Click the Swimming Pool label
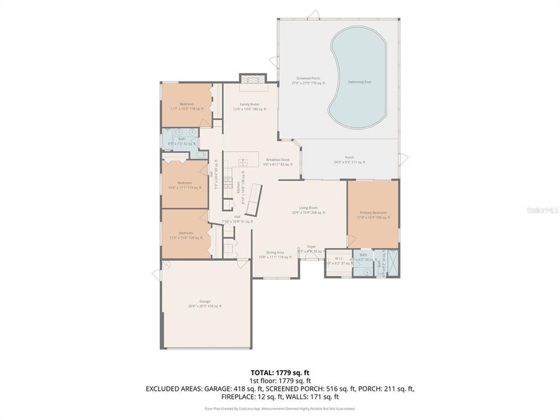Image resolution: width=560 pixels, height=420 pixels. pos(359,82)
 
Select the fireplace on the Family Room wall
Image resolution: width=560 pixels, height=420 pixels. pos(253,79)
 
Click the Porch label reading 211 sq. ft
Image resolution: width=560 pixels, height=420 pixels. pos(349,159)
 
